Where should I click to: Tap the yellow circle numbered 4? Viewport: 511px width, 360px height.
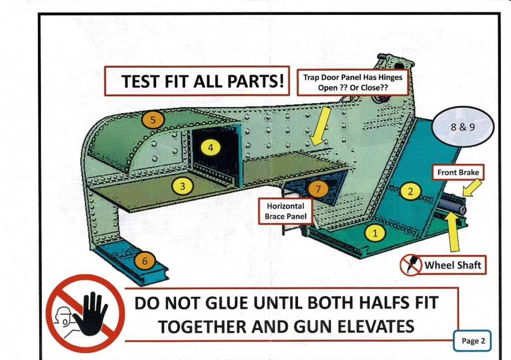point(211,147)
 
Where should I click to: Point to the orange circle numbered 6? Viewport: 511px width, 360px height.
point(145,260)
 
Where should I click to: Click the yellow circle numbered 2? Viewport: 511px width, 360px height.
point(410,191)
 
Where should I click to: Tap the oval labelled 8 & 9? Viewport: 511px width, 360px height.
point(463,127)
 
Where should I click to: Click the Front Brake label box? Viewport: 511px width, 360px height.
point(458,173)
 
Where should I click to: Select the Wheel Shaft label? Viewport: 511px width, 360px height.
point(453,265)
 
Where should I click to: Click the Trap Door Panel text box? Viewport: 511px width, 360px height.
point(353,82)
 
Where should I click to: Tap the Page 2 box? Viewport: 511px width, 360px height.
point(473,341)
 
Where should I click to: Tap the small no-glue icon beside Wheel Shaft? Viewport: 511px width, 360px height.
point(411,264)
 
